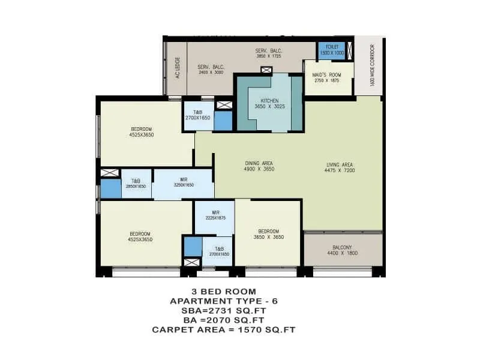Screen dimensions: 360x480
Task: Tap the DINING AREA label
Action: point(259,166)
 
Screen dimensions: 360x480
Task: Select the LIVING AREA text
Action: point(339,167)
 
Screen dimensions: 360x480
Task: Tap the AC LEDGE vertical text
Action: point(178,68)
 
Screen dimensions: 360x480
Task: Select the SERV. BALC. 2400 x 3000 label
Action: point(210,69)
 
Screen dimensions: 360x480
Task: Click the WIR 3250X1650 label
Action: point(184,182)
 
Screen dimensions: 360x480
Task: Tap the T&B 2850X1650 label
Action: point(136,184)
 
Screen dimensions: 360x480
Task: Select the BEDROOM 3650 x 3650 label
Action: point(267,234)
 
